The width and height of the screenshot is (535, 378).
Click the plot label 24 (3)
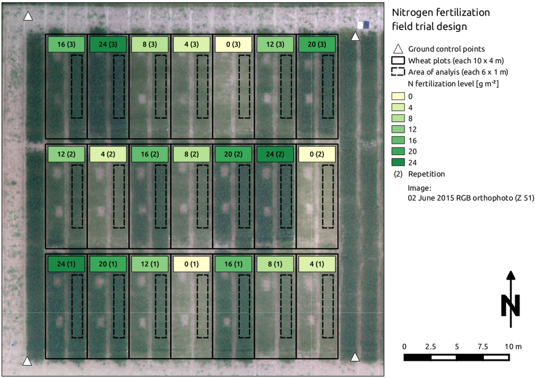[x=108, y=44]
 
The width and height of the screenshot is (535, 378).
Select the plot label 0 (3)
[x=234, y=44]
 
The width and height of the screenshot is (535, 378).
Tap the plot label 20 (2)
[x=234, y=154]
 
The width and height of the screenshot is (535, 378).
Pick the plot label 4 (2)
[x=108, y=154]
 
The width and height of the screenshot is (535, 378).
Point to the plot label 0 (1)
[x=192, y=264]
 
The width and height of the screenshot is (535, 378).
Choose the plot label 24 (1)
[x=66, y=264]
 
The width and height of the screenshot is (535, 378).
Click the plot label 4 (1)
[x=317, y=264]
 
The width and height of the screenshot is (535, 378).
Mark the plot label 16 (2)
[x=150, y=154]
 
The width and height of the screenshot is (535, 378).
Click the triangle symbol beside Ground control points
[x=398, y=49]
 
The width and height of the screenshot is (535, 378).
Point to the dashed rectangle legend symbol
[x=398, y=72]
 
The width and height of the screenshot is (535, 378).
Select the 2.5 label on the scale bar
[x=431, y=347]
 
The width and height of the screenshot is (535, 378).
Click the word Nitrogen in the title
[x=415, y=13]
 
